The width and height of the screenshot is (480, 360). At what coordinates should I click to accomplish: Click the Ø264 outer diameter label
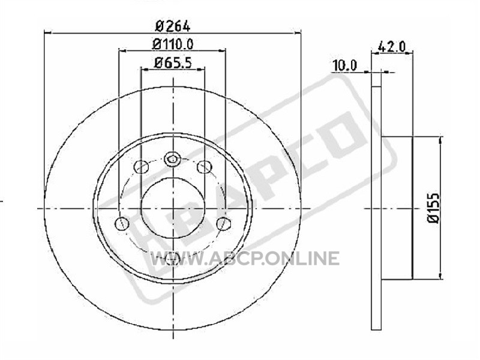tap(173, 26)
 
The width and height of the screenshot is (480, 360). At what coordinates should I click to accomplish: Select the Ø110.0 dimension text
tap(173, 44)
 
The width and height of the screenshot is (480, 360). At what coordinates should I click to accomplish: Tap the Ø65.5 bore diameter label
tap(173, 63)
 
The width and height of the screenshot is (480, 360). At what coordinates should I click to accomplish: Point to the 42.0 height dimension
tap(392, 47)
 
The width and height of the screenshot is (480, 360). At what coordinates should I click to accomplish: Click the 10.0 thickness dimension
tap(344, 65)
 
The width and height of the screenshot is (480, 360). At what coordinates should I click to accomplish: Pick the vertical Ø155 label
tap(433, 208)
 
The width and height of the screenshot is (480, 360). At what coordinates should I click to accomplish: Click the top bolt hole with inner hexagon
tap(172, 159)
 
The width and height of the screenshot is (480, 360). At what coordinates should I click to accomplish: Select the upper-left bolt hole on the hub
tap(142, 167)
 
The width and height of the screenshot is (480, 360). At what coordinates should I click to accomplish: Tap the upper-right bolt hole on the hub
tap(204, 167)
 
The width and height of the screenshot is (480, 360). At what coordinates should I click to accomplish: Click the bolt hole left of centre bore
tap(122, 223)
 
